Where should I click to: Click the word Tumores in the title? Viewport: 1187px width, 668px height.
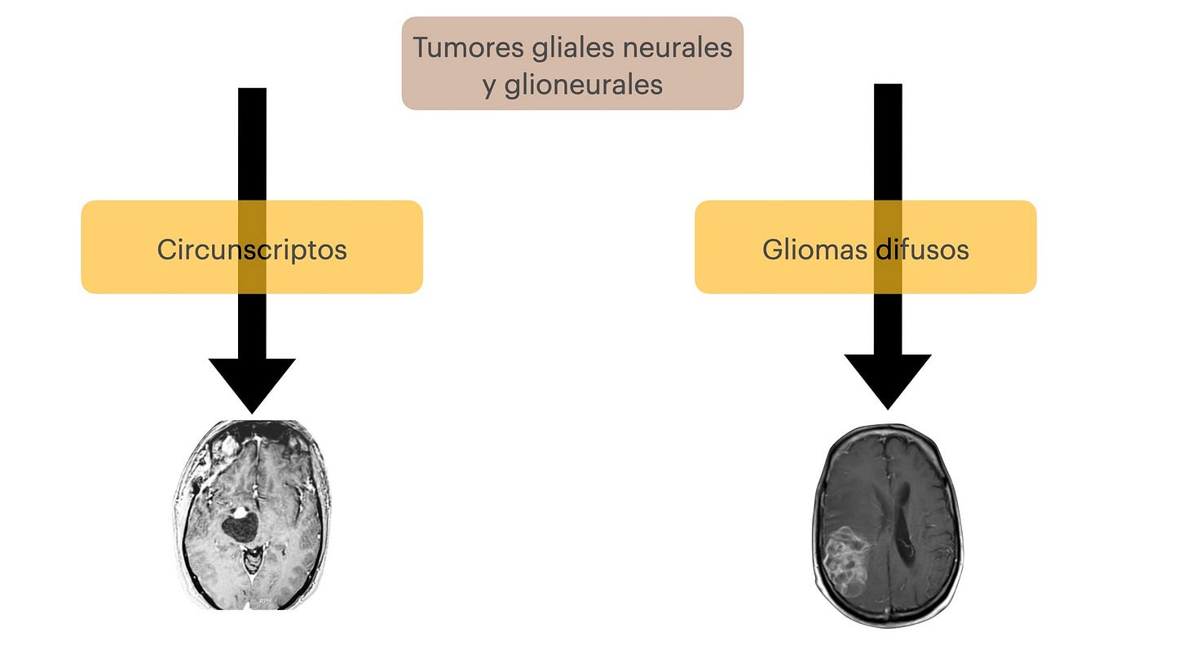click(457, 47)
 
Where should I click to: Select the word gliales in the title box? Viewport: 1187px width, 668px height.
click(562, 47)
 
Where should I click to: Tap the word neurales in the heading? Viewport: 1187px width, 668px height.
click(677, 47)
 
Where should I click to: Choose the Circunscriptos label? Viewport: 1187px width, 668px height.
click(252, 249)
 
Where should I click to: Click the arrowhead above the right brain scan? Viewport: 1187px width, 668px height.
click(888, 378)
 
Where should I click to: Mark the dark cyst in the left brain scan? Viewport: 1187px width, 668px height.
click(239, 529)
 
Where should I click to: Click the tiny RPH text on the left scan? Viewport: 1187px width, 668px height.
click(265, 601)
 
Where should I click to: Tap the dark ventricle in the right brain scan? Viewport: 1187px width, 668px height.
click(902, 530)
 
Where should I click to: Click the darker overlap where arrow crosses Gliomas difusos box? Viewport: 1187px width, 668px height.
click(888, 246)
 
